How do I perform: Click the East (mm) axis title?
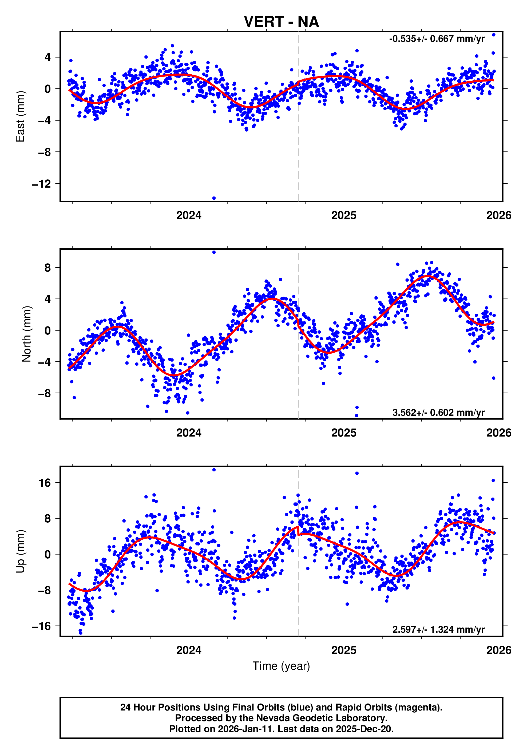[20, 116]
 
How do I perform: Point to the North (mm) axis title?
[27, 334]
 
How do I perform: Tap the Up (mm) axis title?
[20, 551]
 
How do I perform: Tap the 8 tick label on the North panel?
[48, 268]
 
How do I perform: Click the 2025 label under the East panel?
[344, 215]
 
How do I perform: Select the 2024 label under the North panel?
[189, 433]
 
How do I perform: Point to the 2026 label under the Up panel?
[499, 650]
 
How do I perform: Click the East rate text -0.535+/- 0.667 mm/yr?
[437, 39]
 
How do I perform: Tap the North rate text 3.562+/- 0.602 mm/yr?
[438, 412]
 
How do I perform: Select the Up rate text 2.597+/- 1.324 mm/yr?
[438, 629]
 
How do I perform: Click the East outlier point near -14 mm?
[214, 198]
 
